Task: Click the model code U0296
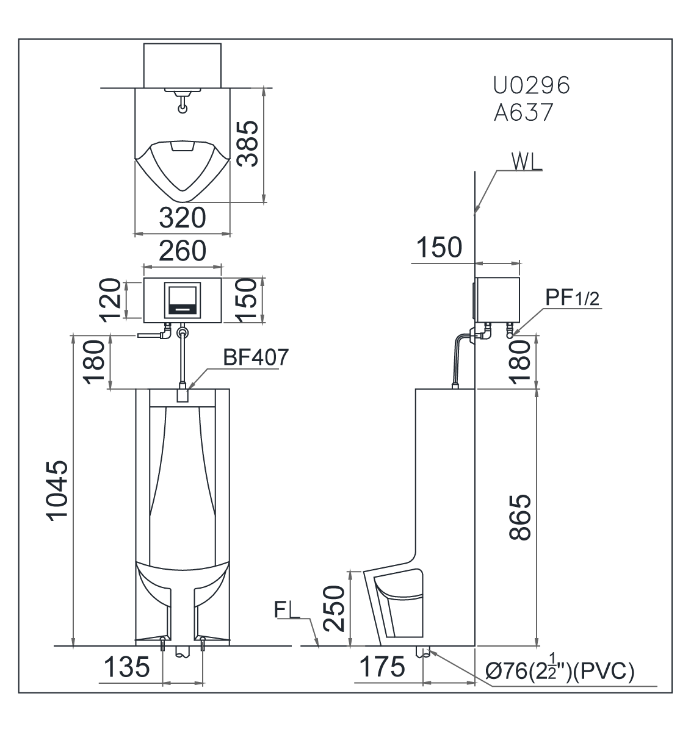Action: pos(531,86)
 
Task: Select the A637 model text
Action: pos(523,113)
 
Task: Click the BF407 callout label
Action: pos(255,357)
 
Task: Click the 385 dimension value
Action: pos(248,143)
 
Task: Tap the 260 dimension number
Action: pos(182,251)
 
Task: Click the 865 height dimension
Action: pos(520,517)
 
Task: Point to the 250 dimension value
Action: pos(335,608)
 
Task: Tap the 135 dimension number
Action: pos(126,667)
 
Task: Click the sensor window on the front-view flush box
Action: pos(181,299)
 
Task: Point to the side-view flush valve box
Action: pos(497,299)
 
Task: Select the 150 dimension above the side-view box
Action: pos(439,248)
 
